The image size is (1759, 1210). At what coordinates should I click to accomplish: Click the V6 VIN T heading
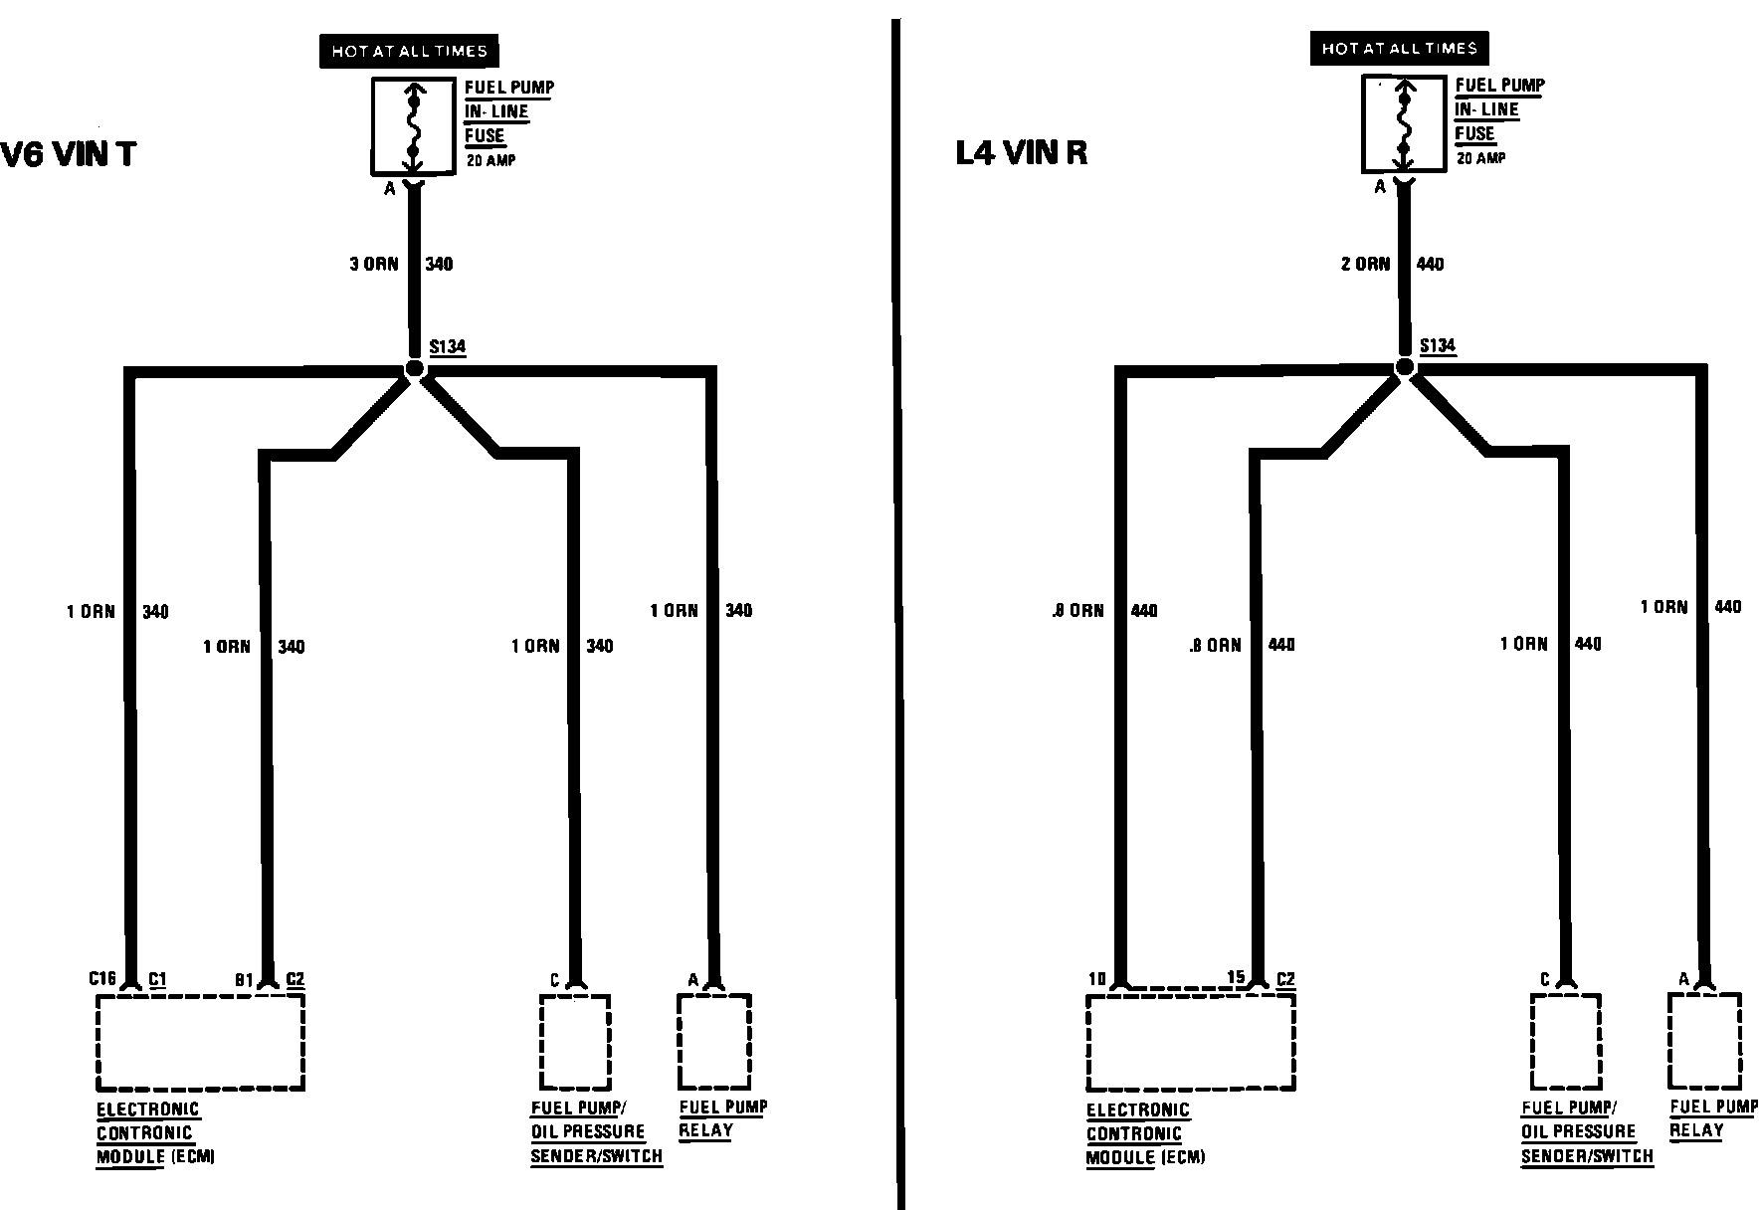coord(68,155)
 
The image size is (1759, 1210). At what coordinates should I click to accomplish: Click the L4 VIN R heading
coord(1021,153)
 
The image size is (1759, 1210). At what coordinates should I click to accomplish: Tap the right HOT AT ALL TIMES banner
coord(1399,48)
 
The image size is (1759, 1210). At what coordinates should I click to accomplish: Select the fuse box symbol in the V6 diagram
coord(414,125)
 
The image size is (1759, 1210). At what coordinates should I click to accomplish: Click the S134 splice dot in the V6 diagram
coord(415,369)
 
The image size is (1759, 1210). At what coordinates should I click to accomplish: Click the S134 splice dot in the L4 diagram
coord(1404,367)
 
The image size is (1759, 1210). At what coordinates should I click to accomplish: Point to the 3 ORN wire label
coord(374,264)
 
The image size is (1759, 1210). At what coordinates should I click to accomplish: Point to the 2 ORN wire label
coord(1365,264)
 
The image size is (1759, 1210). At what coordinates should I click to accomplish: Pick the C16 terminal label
coord(102,978)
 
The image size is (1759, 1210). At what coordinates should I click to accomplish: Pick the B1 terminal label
coord(244,979)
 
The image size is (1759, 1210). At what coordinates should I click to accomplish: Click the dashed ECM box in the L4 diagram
coord(1190,1042)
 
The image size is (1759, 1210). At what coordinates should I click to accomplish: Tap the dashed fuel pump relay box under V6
coord(714,1041)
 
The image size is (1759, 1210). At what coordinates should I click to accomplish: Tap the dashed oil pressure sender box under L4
coord(1565,1041)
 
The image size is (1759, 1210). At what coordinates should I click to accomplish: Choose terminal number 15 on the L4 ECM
coord(1236,977)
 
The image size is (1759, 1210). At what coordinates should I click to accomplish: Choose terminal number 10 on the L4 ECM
coord(1096,979)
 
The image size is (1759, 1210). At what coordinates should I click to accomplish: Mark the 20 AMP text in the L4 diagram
coord(1481,158)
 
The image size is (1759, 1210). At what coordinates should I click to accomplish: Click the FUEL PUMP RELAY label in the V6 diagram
coord(722,1118)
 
